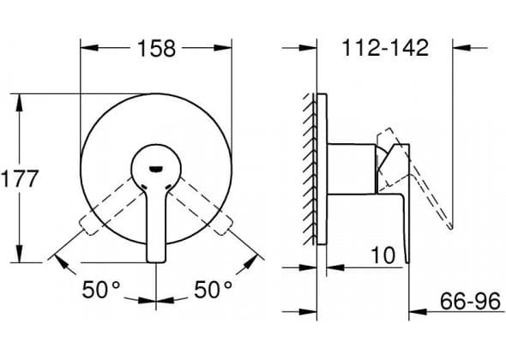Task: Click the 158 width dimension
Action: (x=157, y=48)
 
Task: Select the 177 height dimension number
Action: (x=20, y=178)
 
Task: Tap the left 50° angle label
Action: (x=101, y=290)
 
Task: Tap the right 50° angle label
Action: (x=213, y=290)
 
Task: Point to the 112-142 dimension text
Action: (x=385, y=48)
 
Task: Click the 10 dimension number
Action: (x=383, y=255)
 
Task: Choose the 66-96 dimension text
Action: (x=470, y=302)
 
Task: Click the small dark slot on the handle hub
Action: (x=156, y=168)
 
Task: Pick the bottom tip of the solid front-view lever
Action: (x=156, y=261)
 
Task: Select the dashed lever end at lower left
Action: (x=87, y=225)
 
